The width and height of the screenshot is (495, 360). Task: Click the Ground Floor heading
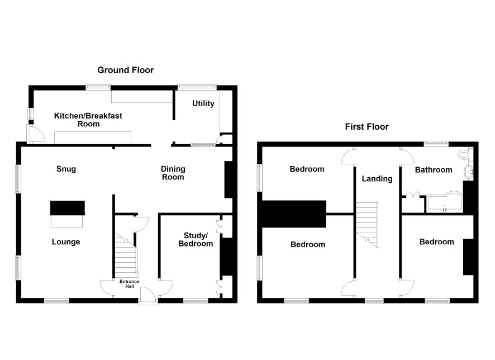(x=125, y=70)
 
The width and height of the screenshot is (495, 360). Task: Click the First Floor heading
(x=367, y=127)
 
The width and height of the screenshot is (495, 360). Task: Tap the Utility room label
(x=203, y=103)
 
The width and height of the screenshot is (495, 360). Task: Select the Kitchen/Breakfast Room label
(x=88, y=120)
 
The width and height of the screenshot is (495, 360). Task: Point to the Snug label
(x=66, y=169)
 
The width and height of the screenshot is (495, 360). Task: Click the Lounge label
(x=66, y=242)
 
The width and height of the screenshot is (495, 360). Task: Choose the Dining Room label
(x=173, y=173)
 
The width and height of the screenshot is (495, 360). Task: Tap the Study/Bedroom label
(x=196, y=239)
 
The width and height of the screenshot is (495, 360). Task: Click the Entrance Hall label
(x=130, y=283)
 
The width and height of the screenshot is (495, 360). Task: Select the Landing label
(x=377, y=179)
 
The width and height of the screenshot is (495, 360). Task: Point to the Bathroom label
(x=434, y=170)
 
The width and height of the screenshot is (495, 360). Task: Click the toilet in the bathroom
(x=465, y=154)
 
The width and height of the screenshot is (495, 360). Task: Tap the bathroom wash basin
(x=469, y=172)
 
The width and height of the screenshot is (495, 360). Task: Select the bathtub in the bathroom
(x=444, y=202)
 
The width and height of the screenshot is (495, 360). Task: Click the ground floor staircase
(x=126, y=255)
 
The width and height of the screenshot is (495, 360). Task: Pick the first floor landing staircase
(x=367, y=224)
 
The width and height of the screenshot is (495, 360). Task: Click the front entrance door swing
(x=148, y=296)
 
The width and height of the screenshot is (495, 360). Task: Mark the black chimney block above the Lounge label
(x=68, y=208)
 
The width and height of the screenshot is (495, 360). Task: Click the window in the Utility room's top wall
(x=197, y=87)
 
